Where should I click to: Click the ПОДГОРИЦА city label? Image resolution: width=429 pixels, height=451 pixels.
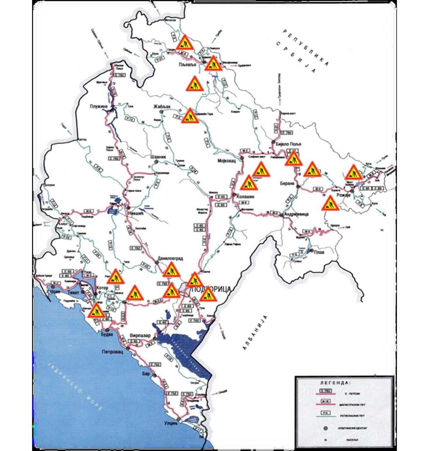point(210,289)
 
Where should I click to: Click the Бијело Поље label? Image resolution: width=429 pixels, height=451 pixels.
point(286,143)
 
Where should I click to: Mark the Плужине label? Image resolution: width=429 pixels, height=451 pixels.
point(100,106)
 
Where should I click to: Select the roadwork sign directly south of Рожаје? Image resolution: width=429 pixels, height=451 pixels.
point(329,204)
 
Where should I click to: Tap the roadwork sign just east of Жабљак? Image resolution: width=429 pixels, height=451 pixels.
point(189,116)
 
